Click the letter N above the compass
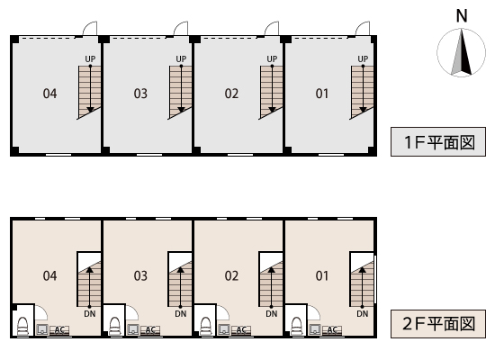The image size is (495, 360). [x=462, y=16]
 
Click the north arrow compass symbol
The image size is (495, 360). [x=461, y=52]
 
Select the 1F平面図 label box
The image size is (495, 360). [x=438, y=142]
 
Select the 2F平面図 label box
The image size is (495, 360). [x=438, y=324]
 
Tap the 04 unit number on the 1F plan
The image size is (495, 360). [x=49, y=94]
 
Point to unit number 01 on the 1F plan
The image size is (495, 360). [x=322, y=94]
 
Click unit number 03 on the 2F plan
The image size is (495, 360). [x=140, y=275]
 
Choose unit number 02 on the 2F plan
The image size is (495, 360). [x=231, y=275]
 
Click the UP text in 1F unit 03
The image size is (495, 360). [x=181, y=59]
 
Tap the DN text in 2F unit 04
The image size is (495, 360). [x=90, y=313]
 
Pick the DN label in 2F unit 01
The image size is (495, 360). [x=363, y=313]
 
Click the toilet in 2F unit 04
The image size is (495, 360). [x=22, y=326]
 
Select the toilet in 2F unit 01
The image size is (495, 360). [x=296, y=326]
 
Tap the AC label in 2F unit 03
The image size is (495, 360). [x=150, y=330]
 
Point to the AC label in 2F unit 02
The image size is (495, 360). [x=241, y=330]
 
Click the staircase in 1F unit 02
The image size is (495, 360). [x=271, y=92]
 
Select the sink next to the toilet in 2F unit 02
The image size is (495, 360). [x=224, y=329]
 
